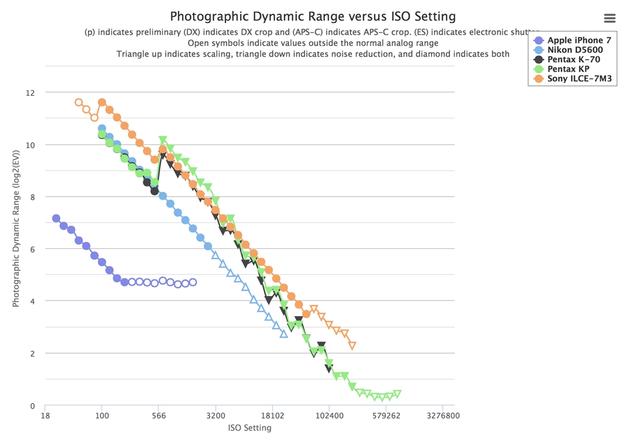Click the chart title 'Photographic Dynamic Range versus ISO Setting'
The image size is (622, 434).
(312, 16)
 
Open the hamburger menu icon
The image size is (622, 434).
(609, 18)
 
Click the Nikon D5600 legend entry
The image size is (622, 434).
(575, 50)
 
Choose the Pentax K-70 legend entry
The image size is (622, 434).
(573, 59)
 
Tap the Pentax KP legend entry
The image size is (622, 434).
(568, 69)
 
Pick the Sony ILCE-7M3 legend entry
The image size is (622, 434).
(579, 79)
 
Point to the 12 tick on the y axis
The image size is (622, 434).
(30, 93)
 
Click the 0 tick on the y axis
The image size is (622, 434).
(32, 405)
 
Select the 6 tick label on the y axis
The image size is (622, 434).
(32, 249)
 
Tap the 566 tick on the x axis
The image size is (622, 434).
(159, 416)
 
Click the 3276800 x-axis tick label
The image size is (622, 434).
(443, 416)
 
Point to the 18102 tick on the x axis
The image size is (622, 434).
(272, 416)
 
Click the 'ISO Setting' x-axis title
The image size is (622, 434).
(250, 428)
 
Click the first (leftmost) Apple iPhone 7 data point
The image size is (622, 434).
(56, 219)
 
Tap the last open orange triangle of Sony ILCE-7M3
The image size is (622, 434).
(352, 345)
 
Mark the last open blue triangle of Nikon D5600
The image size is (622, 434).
(284, 333)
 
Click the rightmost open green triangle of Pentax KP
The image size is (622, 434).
(397, 393)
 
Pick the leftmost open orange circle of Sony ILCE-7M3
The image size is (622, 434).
(79, 102)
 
